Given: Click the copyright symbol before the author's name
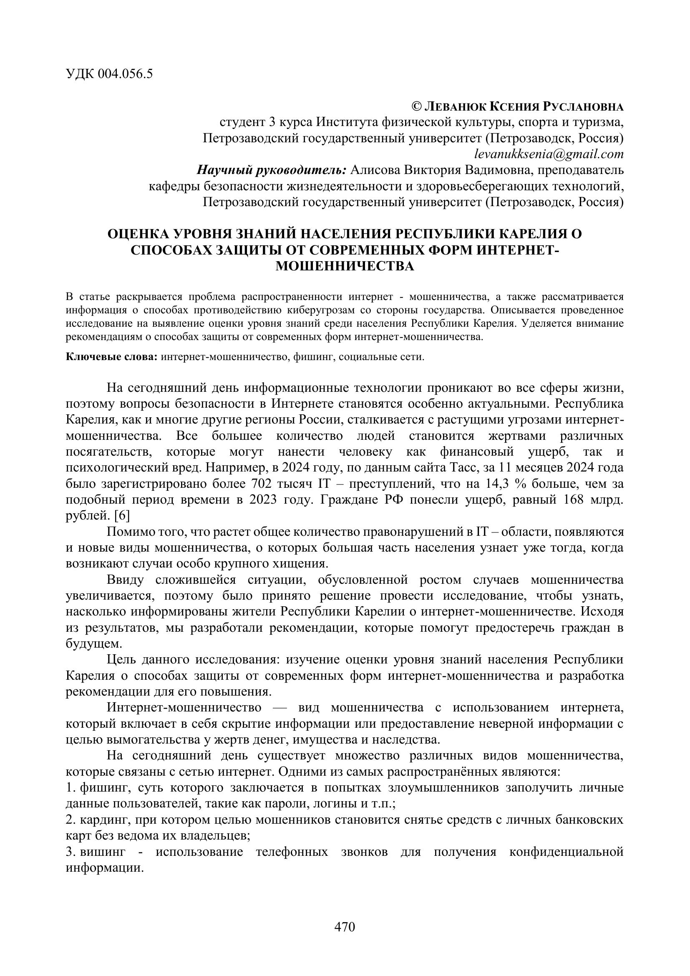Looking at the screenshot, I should (417, 106).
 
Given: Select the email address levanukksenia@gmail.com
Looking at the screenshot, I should (549, 154).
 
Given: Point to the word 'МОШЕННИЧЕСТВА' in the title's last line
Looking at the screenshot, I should (345, 266).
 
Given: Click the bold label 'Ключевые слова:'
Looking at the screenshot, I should (112, 357).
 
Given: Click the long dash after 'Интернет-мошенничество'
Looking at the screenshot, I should (280, 708).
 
